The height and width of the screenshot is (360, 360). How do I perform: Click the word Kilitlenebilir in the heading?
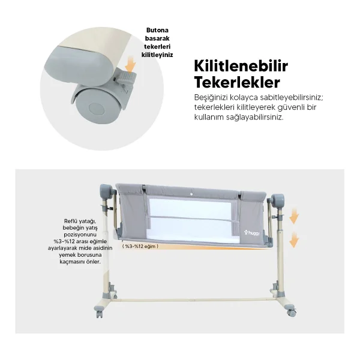pos(241,67)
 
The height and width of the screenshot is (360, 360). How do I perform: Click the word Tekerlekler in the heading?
pos(237,82)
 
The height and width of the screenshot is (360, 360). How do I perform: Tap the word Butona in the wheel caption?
pos(157,31)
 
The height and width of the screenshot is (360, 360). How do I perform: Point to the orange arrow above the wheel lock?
pos(131,64)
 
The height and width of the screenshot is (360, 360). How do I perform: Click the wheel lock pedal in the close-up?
pos(126,76)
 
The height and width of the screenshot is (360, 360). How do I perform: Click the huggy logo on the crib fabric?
pos(252,233)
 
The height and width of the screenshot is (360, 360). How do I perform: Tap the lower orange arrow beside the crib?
pos(294,239)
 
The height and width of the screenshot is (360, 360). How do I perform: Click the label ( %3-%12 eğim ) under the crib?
pos(140,247)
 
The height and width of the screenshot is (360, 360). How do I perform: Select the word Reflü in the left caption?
pos(70,221)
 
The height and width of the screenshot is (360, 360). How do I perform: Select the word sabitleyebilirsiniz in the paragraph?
pos(292,97)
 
